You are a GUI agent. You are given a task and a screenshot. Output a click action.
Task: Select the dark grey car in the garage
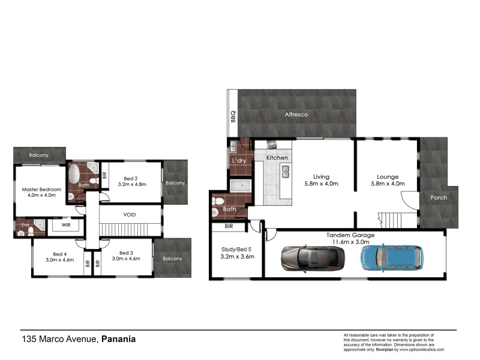(312, 257)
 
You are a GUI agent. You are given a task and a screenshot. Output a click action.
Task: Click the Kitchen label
(277, 157)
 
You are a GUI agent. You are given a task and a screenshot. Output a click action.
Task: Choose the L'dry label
(239, 161)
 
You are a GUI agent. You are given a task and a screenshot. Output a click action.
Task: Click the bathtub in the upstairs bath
(75, 175)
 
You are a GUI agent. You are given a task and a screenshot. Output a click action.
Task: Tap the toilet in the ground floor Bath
(220, 202)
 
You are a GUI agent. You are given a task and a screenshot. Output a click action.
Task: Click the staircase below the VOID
(122, 229)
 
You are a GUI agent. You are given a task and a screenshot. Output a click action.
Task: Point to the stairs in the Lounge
(389, 219)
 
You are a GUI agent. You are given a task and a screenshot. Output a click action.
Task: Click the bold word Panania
(118, 339)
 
